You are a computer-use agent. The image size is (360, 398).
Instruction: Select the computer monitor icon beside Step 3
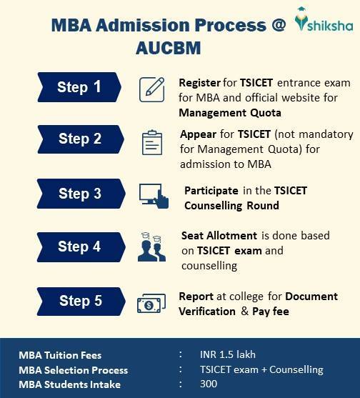154,195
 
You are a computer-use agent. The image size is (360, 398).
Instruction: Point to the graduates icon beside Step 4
152,248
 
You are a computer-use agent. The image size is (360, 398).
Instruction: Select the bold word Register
199,83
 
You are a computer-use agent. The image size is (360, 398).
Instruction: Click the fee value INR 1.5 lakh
228,355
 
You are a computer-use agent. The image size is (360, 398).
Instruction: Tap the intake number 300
209,384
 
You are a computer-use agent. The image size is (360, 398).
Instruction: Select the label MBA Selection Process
74,370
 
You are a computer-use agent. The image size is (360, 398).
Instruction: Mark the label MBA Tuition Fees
60,355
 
